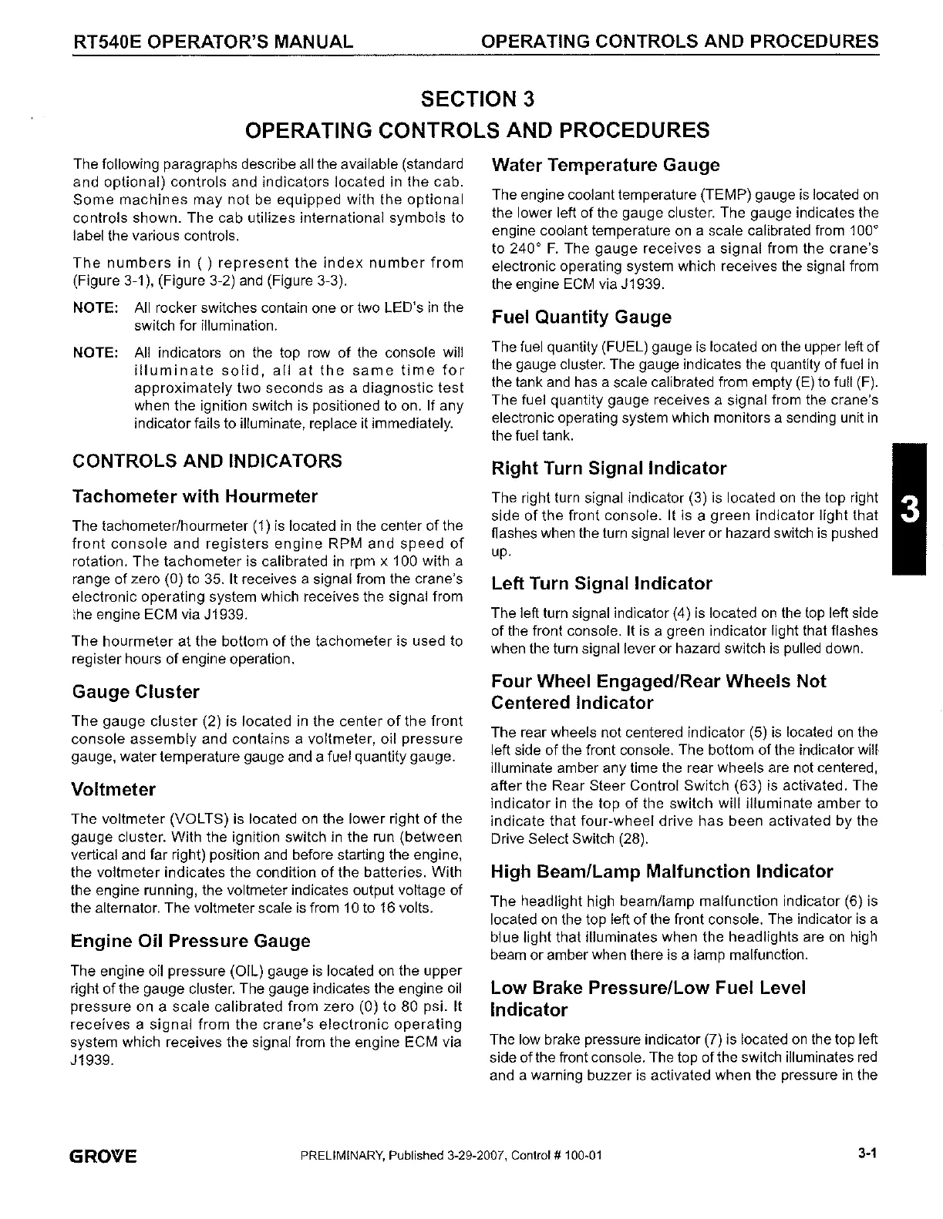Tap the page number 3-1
tap(867, 1154)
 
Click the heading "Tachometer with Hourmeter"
tap(194, 496)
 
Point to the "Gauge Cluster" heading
tap(135, 692)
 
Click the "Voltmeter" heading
tap(113, 790)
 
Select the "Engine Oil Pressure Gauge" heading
tap(190, 942)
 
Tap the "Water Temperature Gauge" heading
tap(605, 165)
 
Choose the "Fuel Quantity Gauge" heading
tap(581, 317)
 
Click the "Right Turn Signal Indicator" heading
tap(609, 468)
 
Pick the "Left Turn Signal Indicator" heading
tap(601, 584)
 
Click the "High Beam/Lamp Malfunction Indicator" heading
tap(662, 872)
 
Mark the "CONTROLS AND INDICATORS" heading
tap(207, 461)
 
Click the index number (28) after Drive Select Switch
tap(635, 838)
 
